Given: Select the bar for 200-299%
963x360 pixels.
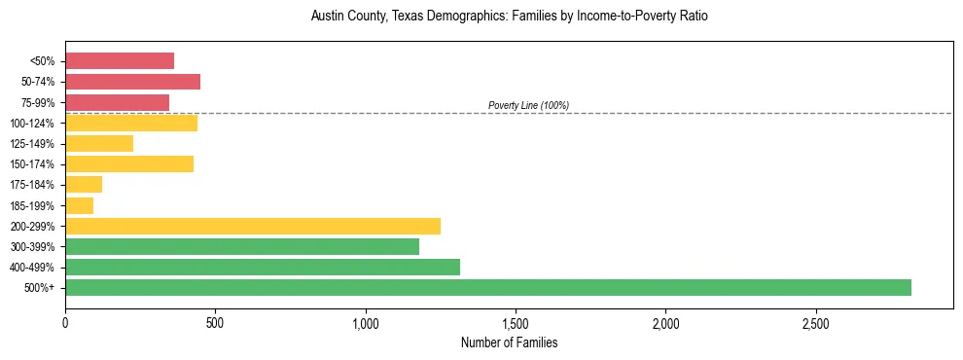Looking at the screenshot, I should [x=253, y=226].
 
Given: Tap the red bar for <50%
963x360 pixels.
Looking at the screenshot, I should [x=120, y=60].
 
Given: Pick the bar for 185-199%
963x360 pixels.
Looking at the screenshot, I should [x=80, y=205].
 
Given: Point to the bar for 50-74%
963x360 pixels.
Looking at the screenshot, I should [x=132, y=82].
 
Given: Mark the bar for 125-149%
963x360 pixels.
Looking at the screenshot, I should [x=99, y=143].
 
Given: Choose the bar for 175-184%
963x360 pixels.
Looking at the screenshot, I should [x=84, y=184].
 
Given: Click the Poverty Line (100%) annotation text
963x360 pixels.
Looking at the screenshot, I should [x=528, y=105].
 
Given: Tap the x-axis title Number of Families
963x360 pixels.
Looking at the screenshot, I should [x=509, y=342].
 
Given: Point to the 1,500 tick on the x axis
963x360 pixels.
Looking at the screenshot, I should [x=516, y=322].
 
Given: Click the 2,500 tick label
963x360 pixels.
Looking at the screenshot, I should [x=815, y=322].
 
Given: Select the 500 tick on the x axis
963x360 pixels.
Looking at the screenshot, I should [x=215, y=322].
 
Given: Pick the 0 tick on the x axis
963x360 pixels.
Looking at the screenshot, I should [x=65, y=322].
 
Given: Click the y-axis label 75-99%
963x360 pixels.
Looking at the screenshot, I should [x=37, y=102].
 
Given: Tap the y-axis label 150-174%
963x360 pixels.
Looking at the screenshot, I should [x=34, y=163].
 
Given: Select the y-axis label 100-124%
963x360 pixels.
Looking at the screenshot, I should [x=34, y=123].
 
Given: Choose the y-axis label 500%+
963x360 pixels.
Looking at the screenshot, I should [x=40, y=287].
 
